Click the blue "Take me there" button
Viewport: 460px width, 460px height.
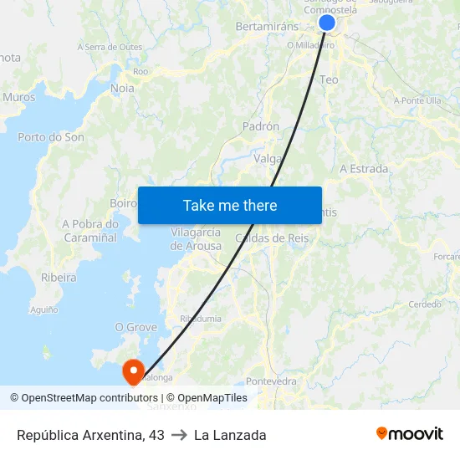[x=230, y=206]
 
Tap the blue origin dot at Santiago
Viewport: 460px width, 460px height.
[x=327, y=23]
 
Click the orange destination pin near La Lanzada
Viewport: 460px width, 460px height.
[x=133, y=371]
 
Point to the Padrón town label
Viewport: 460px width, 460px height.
[x=260, y=126]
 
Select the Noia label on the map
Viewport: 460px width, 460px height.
[x=122, y=88]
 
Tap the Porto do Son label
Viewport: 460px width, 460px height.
[x=51, y=137]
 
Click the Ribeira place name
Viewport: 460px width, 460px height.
[x=59, y=278]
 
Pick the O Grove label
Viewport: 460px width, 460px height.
[x=135, y=327]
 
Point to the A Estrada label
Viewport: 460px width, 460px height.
[x=364, y=169]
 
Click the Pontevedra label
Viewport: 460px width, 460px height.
[x=272, y=381]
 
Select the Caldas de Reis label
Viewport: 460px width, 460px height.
[x=273, y=238]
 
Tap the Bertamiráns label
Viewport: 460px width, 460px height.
[x=267, y=27]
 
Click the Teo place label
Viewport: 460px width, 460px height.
[x=330, y=79]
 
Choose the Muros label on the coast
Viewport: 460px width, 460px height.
[x=19, y=97]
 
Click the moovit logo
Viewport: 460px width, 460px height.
[x=409, y=433]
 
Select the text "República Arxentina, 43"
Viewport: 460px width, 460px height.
[x=90, y=435]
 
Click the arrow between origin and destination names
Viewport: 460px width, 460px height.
[x=179, y=435]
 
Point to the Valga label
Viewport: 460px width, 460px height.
[x=267, y=158]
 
